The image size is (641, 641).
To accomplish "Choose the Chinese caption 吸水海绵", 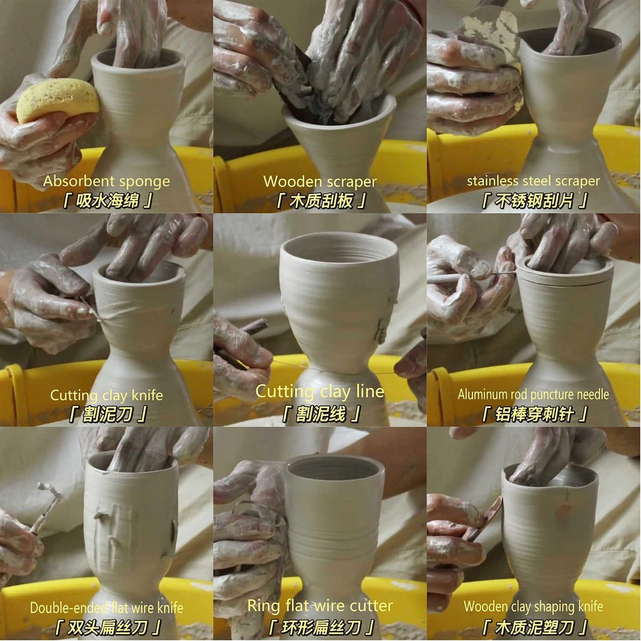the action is [x=108, y=201].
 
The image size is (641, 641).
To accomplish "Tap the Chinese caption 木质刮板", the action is [x=321, y=201].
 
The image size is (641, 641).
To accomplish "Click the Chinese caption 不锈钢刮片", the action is [x=534, y=201].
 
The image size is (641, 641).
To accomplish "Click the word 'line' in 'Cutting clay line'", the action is [x=370, y=391].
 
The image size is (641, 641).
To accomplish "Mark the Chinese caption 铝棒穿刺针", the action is [x=534, y=414].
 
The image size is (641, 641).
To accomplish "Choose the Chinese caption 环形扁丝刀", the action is [x=321, y=627].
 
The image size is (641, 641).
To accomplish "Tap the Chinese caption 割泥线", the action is [x=321, y=414].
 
